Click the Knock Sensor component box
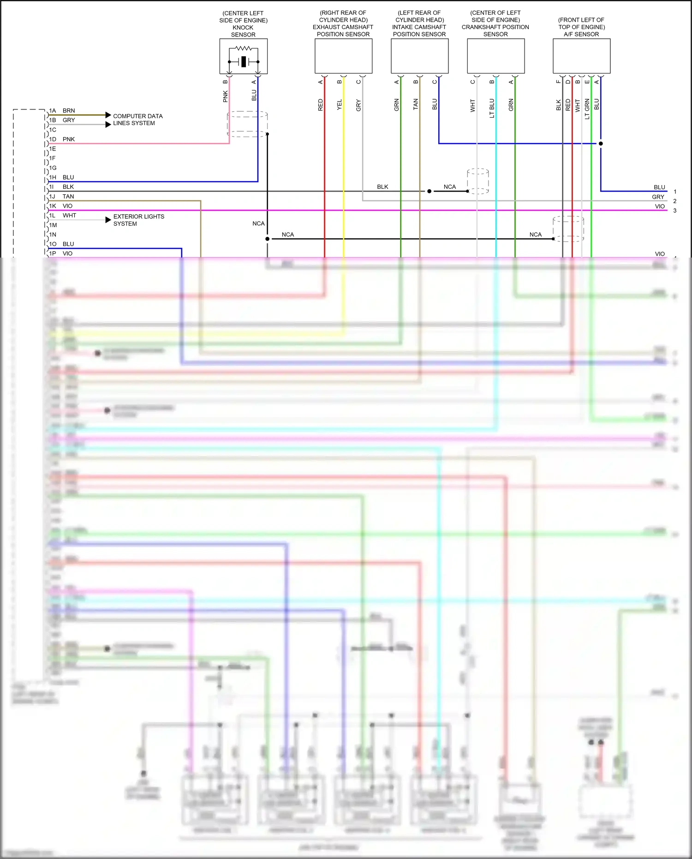(243, 56)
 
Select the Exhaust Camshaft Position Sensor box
(343, 56)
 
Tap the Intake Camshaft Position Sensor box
(419, 56)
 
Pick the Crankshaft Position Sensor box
(495, 56)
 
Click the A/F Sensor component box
(581, 56)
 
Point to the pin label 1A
(53, 111)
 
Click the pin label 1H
(53, 177)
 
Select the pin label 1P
(53, 253)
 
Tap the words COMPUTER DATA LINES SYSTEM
(137, 120)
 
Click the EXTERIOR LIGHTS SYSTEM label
(138, 220)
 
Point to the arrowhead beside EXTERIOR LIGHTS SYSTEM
(108, 220)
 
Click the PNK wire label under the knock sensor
(226, 96)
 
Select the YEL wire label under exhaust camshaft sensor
(340, 105)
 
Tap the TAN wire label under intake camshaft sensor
(416, 104)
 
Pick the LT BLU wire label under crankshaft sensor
(492, 108)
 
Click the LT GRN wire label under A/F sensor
(587, 109)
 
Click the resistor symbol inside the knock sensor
(243, 48)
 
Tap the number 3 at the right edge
(674, 210)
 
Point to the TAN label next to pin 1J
(68, 197)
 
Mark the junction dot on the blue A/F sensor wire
(601, 144)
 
